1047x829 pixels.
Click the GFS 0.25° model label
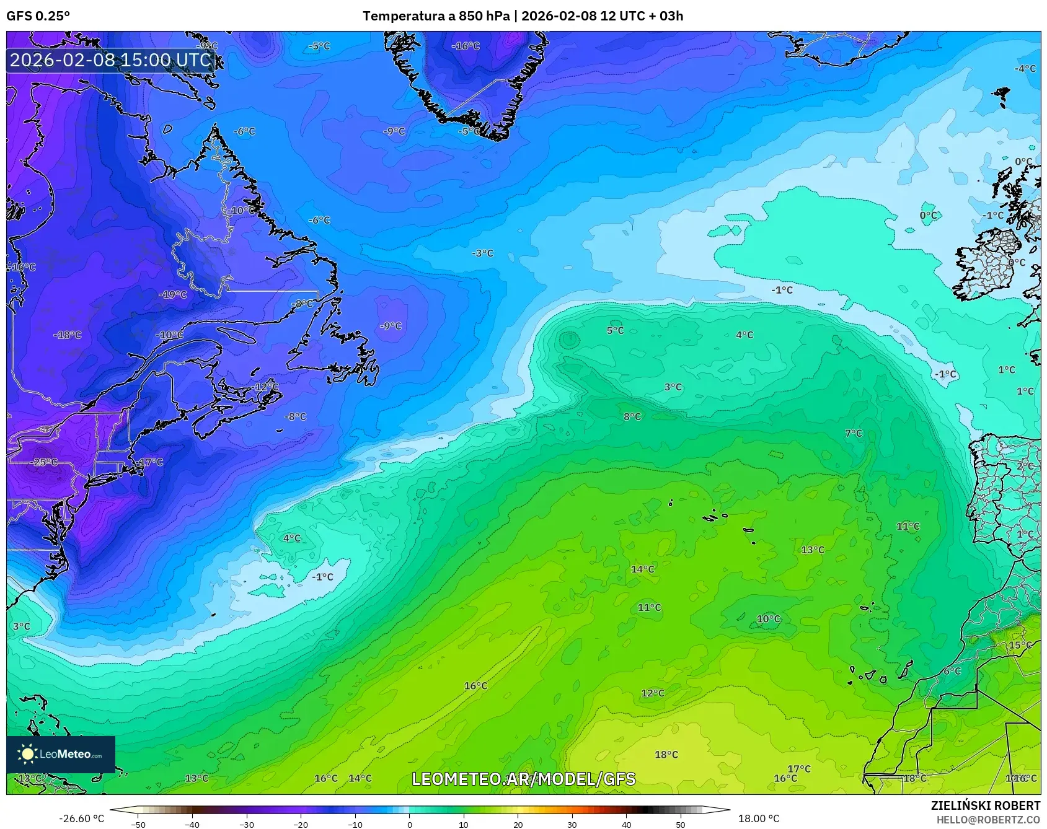(38, 16)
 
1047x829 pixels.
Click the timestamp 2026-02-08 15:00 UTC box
(111, 59)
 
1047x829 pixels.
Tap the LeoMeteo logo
(61, 754)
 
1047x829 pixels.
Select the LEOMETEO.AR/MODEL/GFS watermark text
(524, 779)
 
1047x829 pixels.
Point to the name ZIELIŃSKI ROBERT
(985, 805)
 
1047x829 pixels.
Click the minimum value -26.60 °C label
(81, 818)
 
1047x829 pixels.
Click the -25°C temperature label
(45, 462)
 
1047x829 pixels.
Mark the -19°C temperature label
(173, 294)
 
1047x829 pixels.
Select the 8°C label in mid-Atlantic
(632, 416)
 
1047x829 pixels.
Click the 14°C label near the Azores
(642, 569)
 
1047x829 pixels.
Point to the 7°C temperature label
(854, 433)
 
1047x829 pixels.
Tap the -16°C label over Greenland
(466, 46)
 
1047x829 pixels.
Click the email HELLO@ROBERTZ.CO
(988, 819)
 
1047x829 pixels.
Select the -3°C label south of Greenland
(482, 253)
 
